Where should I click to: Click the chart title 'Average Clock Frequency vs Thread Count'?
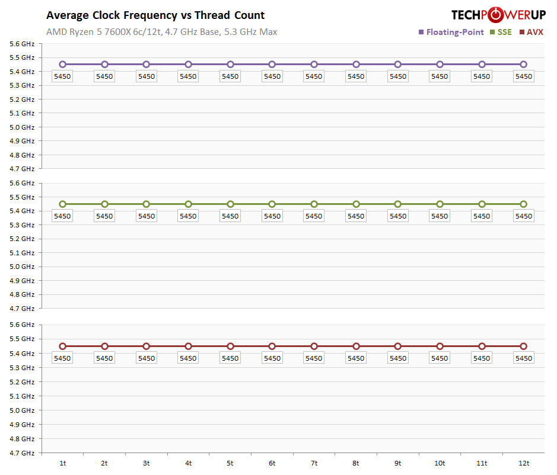click(x=155, y=15)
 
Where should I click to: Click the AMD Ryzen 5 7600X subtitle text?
click(x=161, y=32)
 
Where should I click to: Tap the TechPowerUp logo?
click(x=498, y=15)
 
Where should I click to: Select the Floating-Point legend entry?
click(x=451, y=32)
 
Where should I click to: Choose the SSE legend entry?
click(x=501, y=32)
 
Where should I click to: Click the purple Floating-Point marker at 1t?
click(x=62, y=65)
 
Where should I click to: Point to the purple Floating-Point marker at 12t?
click(x=523, y=65)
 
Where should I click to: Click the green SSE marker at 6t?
click(x=272, y=204)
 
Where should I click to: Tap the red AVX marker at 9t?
click(x=397, y=346)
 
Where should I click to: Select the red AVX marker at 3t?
click(x=146, y=346)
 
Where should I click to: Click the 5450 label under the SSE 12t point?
click(x=523, y=216)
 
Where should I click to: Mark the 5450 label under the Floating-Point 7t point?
click(x=314, y=76)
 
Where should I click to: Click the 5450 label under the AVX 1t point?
click(x=62, y=358)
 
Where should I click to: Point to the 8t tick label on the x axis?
click(x=355, y=463)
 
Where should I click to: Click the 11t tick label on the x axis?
click(x=481, y=463)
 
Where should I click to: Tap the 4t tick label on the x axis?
click(x=188, y=463)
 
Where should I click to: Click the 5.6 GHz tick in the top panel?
click(x=23, y=44)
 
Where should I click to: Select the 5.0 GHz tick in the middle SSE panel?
click(x=23, y=267)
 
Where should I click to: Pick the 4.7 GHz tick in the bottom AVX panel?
click(x=23, y=453)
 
